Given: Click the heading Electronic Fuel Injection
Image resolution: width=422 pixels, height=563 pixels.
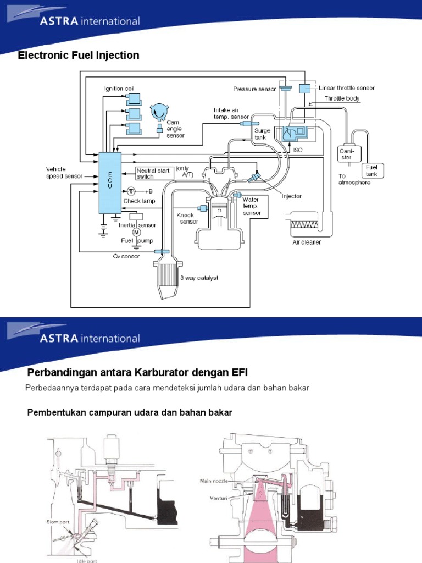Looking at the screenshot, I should click(x=79, y=56).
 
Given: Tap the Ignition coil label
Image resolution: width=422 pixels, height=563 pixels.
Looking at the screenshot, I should click(x=119, y=89).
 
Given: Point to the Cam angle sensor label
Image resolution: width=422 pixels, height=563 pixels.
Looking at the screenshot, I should click(x=175, y=129).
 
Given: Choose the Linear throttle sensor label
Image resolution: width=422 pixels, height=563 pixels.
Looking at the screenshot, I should click(x=347, y=88).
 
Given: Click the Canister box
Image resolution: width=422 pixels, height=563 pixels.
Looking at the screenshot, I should click(x=347, y=153).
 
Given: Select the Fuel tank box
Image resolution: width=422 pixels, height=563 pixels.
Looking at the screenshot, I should click(x=372, y=170).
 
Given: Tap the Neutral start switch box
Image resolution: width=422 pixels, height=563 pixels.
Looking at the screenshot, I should click(x=154, y=174).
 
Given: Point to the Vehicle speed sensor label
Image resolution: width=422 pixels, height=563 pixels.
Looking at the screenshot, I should click(x=64, y=173).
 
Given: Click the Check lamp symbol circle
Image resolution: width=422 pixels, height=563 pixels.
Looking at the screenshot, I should click(x=131, y=191).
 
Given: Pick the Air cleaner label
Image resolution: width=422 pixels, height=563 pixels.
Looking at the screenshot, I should click(x=307, y=241).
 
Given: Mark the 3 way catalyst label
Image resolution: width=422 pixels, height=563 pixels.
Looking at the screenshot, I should click(x=199, y=278).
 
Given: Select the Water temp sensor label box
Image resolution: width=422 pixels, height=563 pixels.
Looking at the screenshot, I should click(x=254, y=206).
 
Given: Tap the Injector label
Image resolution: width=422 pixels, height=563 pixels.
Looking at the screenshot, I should click(x=291, y=196).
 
